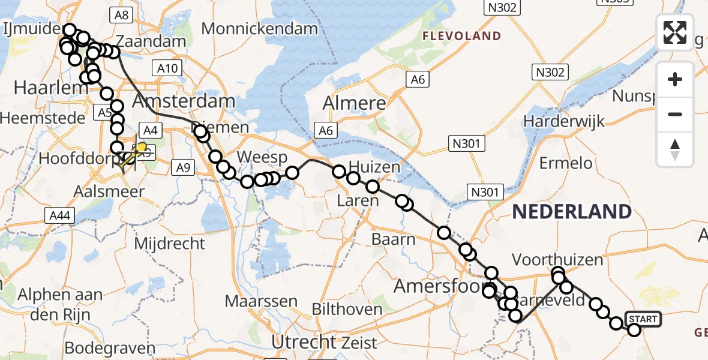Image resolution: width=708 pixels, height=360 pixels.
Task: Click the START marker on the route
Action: click(643, 319)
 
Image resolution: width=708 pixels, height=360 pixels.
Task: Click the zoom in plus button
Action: click(675, 79)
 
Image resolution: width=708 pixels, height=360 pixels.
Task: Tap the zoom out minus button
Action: click(675, 114)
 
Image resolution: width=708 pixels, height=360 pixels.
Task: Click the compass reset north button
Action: click(675, 149)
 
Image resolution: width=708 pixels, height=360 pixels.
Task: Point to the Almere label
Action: click(354, 103)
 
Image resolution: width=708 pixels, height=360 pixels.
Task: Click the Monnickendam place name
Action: click(259, 28)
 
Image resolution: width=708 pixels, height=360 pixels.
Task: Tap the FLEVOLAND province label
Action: click(461, 36)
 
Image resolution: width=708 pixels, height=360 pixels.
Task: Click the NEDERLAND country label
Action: click(571, 212)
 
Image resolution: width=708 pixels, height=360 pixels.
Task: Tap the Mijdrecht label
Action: click(170, 244)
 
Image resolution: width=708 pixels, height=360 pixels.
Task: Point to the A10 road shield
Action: click(167, 68)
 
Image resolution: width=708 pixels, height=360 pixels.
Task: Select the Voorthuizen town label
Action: click(557, 260)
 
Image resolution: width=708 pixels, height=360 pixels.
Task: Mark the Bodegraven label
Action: click(110, 348)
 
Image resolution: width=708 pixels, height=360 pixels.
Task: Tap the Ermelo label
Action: click(566, 163)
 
